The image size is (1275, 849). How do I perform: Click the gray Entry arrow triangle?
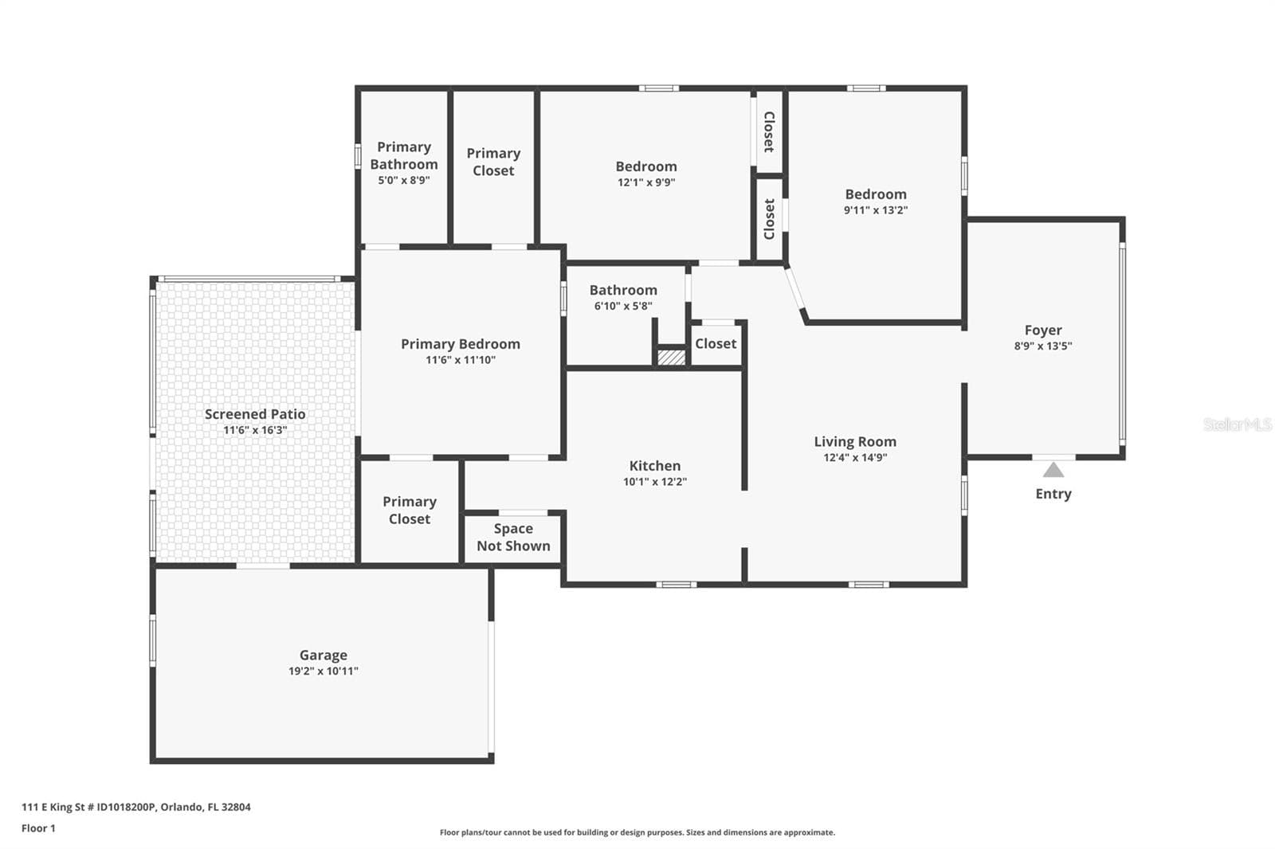pos(1053,470)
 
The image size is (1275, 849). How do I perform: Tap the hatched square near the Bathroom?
pos(672,358)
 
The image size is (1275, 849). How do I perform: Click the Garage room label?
pos(324,655)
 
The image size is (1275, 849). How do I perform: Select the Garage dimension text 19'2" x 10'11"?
pos(324,671)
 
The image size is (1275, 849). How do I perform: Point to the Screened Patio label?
pos(255,414)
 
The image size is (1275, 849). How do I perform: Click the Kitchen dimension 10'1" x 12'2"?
pos(655,481)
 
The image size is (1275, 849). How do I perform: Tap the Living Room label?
pos(855,441)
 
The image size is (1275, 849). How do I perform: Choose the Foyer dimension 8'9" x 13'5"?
pos(1043,346)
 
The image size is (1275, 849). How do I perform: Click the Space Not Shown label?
pos(513,537)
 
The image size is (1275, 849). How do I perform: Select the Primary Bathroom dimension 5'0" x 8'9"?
pos(404,180)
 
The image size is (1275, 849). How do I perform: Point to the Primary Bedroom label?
pos(461,344)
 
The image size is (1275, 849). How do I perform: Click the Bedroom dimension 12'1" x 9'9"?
pos(646,182)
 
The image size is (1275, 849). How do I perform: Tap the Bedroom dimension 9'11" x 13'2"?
pos(876,210)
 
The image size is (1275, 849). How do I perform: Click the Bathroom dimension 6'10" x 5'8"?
pos(623,306)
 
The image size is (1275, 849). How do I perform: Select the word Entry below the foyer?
pos(1053,494)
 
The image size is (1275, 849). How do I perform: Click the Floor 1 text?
pos(39,828)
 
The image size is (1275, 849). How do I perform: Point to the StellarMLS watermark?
pos(1238,424)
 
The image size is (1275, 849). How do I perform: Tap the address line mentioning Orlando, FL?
pos(136,807)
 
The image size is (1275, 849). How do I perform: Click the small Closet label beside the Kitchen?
pos(716,344)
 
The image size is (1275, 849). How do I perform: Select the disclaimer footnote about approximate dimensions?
pos(637,832)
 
